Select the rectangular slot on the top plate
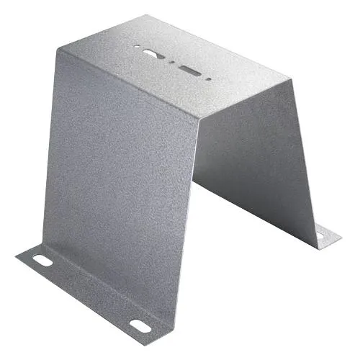(191, 71)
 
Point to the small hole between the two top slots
(170, 62)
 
